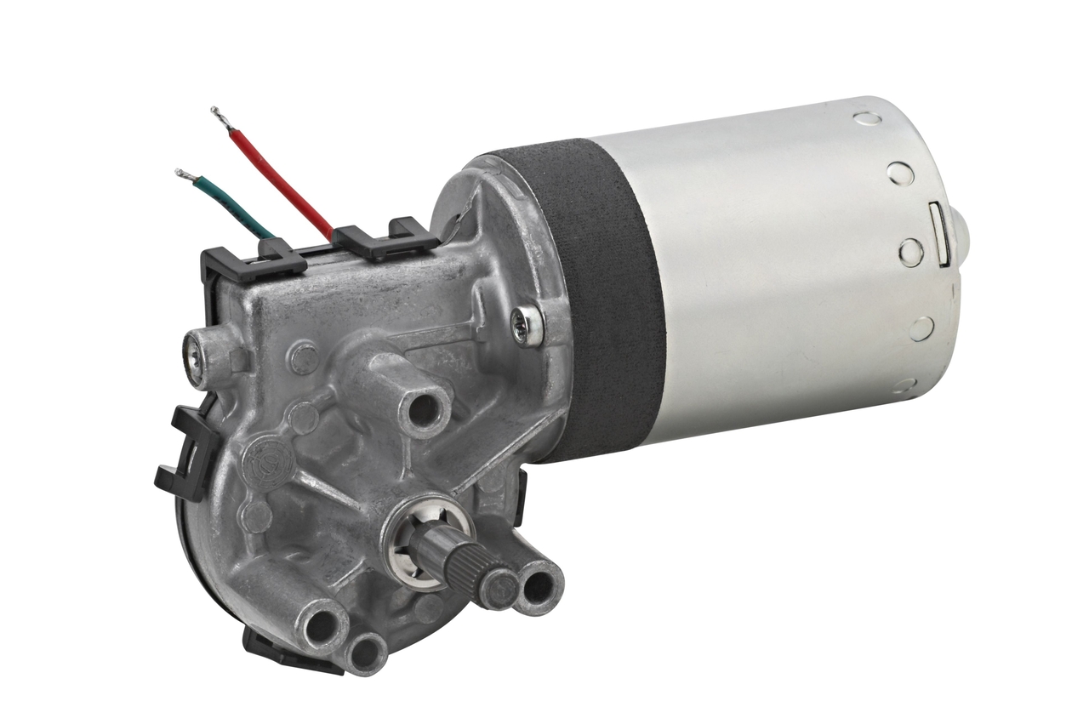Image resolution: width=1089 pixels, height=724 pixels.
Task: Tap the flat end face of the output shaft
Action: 497,587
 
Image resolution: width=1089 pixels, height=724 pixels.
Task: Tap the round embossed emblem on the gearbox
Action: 268,460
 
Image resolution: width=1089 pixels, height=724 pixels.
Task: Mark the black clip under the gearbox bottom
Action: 281,651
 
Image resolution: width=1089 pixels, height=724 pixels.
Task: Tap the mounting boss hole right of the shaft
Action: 539,587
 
